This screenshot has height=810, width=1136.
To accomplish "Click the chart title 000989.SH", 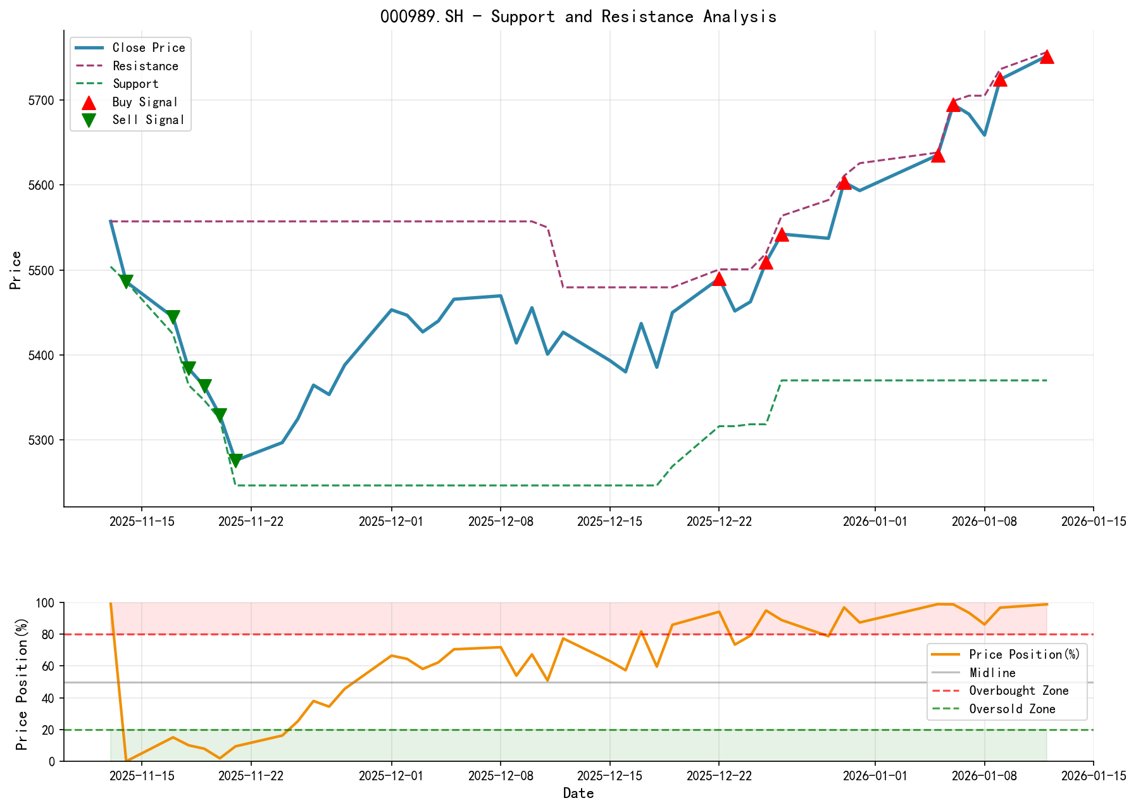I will [x=578, y=16].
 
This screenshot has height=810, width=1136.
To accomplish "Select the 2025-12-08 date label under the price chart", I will [x=501, y=521].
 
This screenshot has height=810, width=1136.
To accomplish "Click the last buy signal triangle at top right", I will [x=1047, y=57].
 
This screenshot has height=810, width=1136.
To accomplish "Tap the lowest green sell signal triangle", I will [x=235, y=461].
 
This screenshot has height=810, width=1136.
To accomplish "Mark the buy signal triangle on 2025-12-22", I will [x=719, y=279].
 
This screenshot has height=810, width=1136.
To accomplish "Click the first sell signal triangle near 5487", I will [x=126, y=282].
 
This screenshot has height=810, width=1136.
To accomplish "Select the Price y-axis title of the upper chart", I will [x=16, y=270].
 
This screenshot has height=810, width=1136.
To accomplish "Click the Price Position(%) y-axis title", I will [x=22, y=682].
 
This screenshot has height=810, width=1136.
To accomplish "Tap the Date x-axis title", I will [x=578, y=793].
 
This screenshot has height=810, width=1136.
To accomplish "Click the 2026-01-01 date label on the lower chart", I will [x=875, y=776].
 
